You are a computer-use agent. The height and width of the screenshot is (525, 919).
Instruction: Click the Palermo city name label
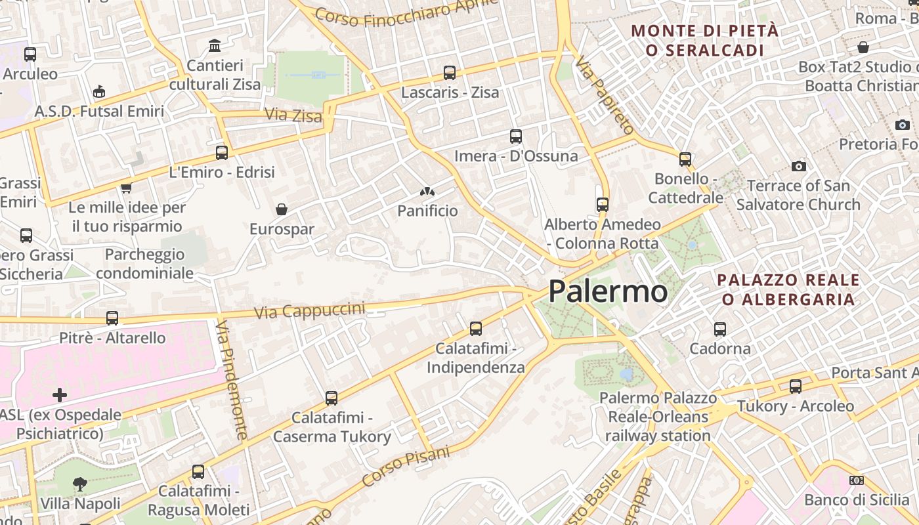608,291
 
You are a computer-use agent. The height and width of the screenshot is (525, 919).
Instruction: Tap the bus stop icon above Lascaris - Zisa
450,73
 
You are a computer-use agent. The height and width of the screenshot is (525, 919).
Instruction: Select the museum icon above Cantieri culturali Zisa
215,46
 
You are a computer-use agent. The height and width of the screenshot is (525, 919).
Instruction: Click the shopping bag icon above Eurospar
282,209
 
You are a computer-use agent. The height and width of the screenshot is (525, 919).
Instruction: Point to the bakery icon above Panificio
427,192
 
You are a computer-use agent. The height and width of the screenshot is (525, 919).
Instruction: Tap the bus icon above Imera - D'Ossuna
516,136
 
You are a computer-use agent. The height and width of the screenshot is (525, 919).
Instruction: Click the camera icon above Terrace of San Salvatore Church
798,166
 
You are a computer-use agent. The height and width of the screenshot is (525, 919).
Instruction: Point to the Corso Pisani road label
406,466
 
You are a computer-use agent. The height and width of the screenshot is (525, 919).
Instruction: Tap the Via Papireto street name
605,96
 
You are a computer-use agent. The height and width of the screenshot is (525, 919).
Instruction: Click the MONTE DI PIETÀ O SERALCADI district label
705,40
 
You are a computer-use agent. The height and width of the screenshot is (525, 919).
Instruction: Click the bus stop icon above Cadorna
720,329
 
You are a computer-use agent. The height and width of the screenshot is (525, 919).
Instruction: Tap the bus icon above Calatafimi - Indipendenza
476,328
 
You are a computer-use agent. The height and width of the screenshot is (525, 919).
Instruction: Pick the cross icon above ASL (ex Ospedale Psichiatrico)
60,394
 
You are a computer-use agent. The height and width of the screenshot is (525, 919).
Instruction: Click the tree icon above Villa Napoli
80,484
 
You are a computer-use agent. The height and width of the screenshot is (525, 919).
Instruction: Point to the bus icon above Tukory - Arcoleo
796,387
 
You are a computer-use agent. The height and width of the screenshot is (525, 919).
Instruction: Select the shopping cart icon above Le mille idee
126,188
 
